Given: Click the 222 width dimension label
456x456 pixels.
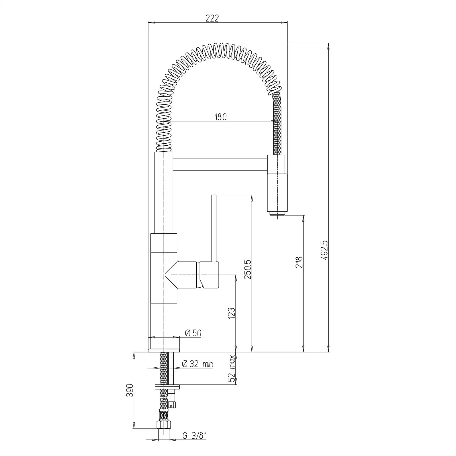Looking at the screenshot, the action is click(212, 19).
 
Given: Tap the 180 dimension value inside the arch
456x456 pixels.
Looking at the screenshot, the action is click(220, 117).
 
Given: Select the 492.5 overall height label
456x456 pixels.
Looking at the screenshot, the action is click(325, 250).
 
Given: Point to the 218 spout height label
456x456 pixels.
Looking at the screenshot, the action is click(299, 262).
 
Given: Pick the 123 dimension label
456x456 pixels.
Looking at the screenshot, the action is click(231, 313).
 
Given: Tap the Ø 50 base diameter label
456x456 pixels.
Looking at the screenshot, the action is click(193, 333).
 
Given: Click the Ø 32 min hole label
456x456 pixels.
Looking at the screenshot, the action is click(198, 364).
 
